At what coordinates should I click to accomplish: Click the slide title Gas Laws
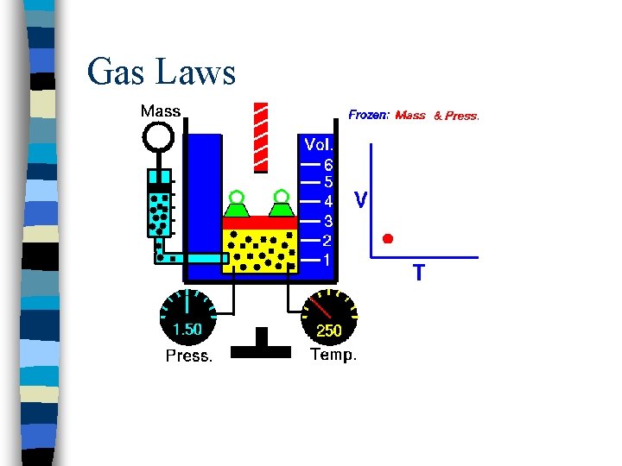162,72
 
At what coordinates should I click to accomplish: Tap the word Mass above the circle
161,111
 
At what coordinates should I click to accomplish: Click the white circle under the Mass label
159,135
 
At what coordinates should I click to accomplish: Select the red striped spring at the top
260,136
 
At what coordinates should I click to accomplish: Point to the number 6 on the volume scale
328,163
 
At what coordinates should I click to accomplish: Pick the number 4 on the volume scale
328,201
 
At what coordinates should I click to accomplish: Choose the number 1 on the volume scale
328,259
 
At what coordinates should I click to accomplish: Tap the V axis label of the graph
361,200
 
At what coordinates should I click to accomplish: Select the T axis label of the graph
418,274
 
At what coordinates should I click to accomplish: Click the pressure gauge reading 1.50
187,329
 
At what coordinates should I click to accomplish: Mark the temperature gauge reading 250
328,330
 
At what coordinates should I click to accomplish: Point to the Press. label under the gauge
188,356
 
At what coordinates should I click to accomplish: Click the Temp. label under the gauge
333,355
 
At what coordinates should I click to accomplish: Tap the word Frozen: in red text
369,114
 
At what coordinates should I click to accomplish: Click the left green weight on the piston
236,206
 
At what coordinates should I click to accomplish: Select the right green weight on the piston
280,206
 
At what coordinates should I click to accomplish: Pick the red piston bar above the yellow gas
259,222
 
